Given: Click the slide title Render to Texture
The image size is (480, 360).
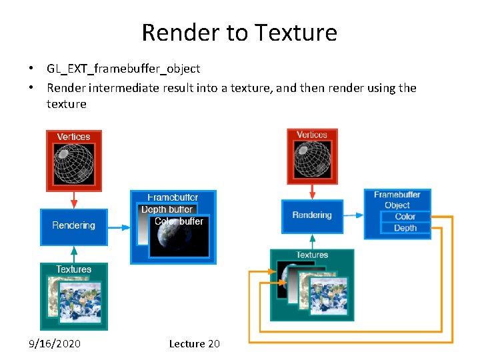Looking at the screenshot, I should tap(239, 32).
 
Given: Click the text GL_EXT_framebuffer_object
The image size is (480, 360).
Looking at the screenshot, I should tap(123, 68).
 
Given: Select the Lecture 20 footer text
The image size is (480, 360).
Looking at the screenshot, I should tap(194, 343).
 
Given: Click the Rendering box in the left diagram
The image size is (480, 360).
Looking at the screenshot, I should tap(73, 225).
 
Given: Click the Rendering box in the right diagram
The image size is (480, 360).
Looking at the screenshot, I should tap(311, 215).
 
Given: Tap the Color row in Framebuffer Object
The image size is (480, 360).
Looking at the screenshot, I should tap(405, 217).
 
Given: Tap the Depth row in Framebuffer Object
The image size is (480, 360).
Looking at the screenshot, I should tap(405, 228).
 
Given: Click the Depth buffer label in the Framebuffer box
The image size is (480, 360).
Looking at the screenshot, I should tap(167, 209).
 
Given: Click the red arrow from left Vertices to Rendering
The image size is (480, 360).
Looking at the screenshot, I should tap(74, 199).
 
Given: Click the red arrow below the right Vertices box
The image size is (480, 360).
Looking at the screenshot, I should tap(312, 191).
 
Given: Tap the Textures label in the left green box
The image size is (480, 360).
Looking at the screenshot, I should tap(73, 269).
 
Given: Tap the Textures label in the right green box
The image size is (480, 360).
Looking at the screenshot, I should tap(312, 255).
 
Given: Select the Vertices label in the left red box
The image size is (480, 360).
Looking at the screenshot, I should tap(73, 137).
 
